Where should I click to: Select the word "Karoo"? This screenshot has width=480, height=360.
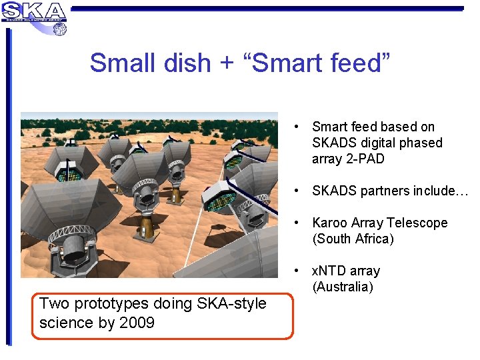[x=331, y=223]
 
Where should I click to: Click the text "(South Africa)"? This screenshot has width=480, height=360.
[x=353, y=239]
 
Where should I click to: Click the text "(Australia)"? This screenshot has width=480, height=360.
[x=343, y=287]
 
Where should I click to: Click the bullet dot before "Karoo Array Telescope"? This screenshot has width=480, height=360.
[x=295, y=223]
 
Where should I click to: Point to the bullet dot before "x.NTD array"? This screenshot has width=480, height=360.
[x=295, y=271]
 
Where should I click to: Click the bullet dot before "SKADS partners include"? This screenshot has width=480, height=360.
[x=295, y=191]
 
